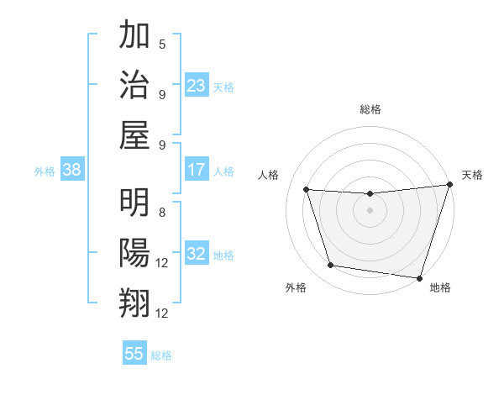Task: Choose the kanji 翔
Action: tap(134, 303)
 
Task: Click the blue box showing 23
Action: tap(197, 85)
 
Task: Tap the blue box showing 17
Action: tap(197, 170)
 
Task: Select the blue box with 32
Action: tap(197, 254)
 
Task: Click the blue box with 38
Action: tap(72, 170)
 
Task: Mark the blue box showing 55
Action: tap(134, 354)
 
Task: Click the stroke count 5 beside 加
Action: tap(162, 45)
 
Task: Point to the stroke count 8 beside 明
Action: tap(162, 213)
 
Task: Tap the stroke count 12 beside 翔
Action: tap(163, 313)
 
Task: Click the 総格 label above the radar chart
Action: tap(370, 109)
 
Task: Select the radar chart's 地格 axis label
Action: tap(440, 287)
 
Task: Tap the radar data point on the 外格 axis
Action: tap(331, 266)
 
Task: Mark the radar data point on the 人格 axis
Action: tap(307, 190)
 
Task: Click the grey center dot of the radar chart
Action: tap(370, 210)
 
